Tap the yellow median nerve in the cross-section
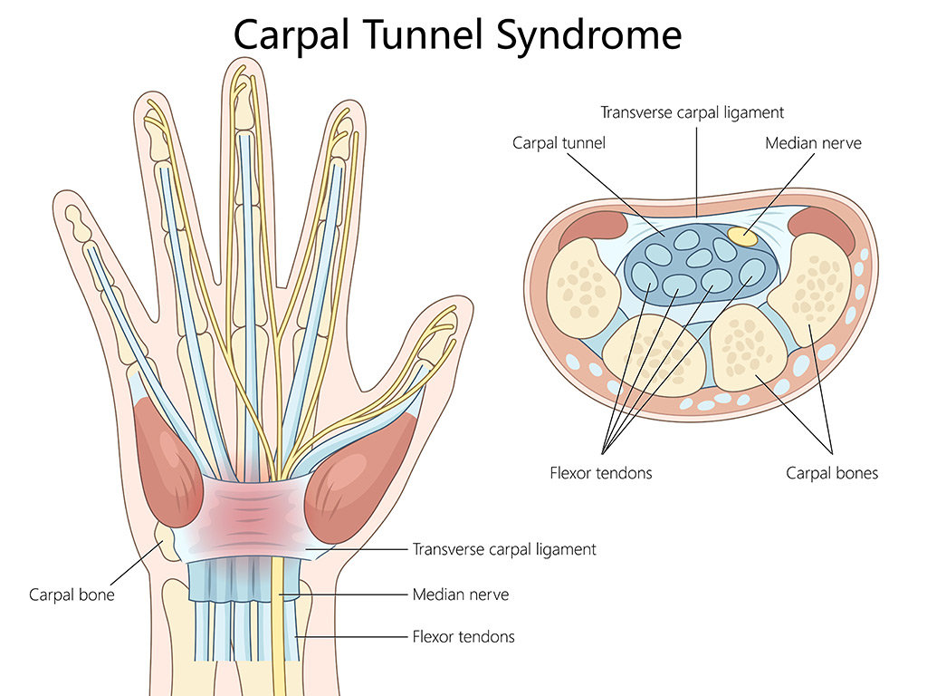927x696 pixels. (x=742, y=237)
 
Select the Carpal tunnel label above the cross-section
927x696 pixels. (x=559, y=142)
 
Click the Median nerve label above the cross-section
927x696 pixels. (x=813, y=142)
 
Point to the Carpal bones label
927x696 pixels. (x=831, y=472)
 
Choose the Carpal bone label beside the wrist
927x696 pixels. (x=72, y=595)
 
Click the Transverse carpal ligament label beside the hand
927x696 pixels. (x=504, y=549)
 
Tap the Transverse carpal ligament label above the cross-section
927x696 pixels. (x=692, y=112)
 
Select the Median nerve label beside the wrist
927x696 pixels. (x=460, y=594)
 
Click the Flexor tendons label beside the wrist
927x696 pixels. (x=463, y=636)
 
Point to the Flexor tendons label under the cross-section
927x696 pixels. (x=600, y=472)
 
